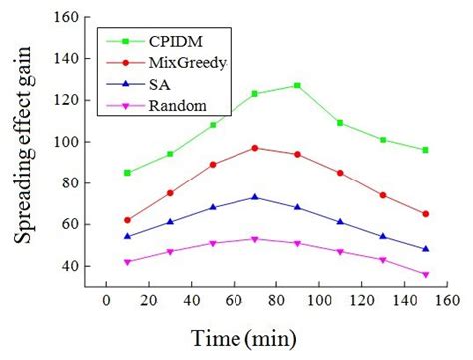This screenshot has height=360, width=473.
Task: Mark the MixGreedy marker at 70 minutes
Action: pyautogui.click(x=255, y=148)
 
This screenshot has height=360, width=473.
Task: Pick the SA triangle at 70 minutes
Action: pyautogui.click(x=255, y=197)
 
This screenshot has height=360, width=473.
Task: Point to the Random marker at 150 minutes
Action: pyautogui.click(x=425, y=275)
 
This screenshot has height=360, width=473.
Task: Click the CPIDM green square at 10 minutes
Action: pyautogui.click(x=127, y=173)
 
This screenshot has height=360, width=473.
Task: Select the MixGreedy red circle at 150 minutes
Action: pyautogui.click(x=425, y=214)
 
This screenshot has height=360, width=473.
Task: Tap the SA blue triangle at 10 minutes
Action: pyautogui.click(x=127, y=237)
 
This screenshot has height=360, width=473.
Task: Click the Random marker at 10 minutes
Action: pyautogui.click(x=127, y=262)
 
